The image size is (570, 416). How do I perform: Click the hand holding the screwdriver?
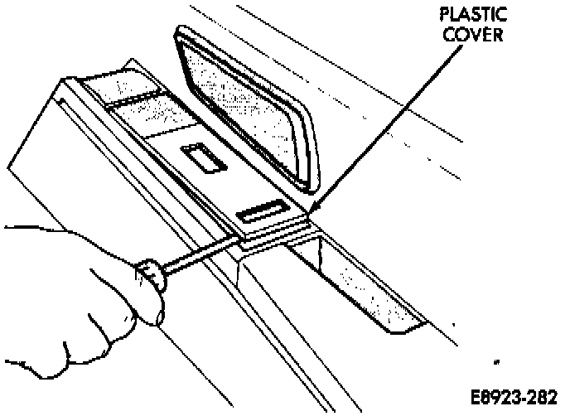75,298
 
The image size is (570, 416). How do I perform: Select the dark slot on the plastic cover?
261,214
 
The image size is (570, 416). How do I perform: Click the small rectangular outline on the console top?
201,157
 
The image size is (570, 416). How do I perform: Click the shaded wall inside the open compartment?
365,282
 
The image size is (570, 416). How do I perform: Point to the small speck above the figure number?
496,363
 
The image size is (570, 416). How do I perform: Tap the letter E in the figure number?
479,394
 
